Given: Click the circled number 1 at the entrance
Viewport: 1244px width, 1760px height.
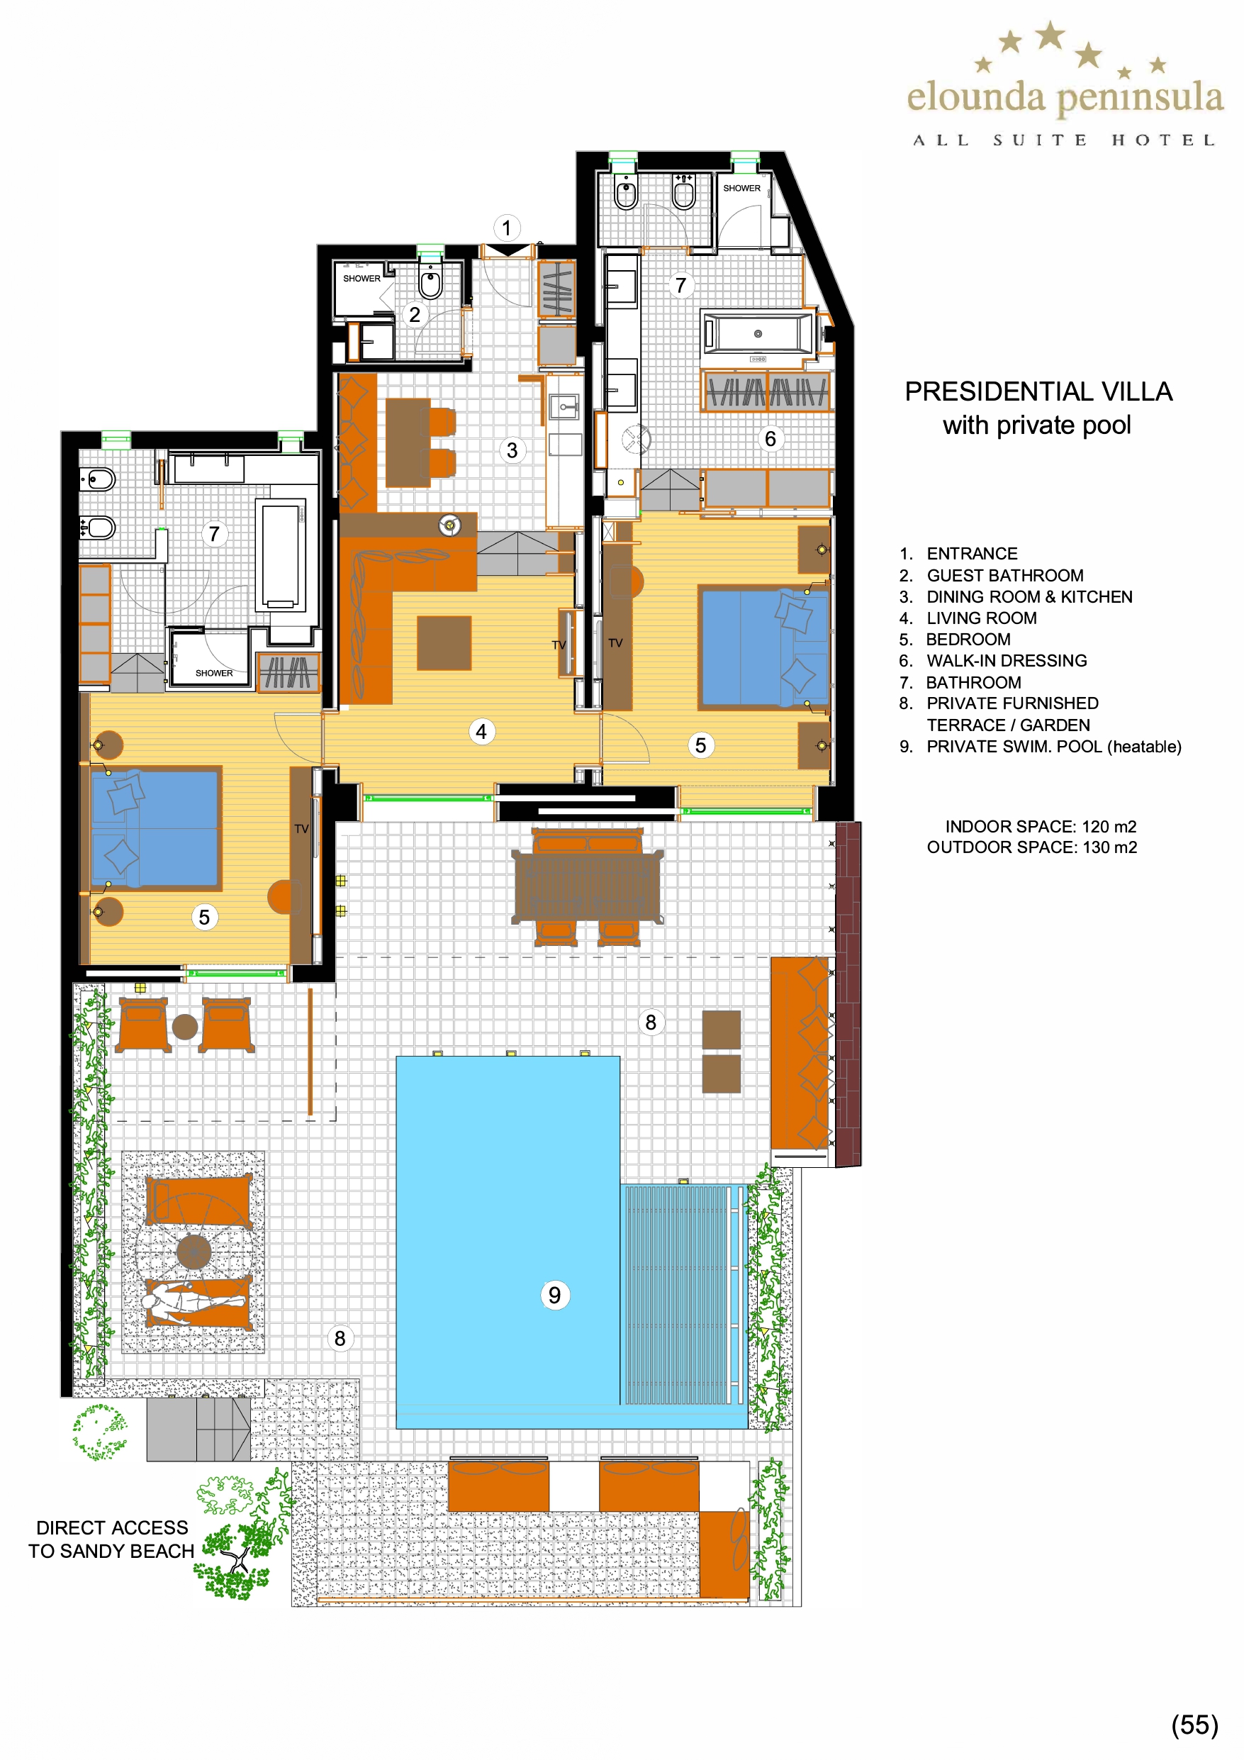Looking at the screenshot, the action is [x=506, y=228].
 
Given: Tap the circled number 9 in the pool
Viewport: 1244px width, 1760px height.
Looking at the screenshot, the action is [x=554, y=1295].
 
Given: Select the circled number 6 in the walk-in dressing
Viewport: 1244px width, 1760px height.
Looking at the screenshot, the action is [x=771, y=438].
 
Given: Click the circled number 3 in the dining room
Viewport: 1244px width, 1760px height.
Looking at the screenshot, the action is [x=512, y=450].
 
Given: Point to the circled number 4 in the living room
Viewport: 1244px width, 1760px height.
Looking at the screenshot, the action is [x=481, y=731].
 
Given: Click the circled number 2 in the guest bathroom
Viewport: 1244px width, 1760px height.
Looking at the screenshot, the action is [x=415, y=314].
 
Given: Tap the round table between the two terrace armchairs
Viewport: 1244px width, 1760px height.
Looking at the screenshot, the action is [x=185, y=1026].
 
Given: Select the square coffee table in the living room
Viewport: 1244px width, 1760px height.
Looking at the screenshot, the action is [x=444, y=643].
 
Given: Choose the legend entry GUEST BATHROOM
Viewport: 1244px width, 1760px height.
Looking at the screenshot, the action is [x=1005, y=576].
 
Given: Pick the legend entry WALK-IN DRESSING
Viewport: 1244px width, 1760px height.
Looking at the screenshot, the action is [x=1007, y=661].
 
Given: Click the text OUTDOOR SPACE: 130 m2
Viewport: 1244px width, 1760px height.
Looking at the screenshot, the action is [x=1031, y=847].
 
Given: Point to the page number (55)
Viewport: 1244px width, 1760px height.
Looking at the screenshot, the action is [x=1194, y=1725].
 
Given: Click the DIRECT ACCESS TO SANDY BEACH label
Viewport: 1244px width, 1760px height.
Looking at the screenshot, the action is [x=112, y=1539].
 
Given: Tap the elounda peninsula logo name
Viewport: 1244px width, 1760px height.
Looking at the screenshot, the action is [x=1065, y=97].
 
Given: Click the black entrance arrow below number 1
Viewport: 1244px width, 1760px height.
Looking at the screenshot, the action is [x=507, y=250].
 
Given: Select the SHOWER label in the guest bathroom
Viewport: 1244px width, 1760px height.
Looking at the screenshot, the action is [x=361, y=278].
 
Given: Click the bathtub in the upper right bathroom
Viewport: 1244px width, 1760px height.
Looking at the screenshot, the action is [x=758, y=333].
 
